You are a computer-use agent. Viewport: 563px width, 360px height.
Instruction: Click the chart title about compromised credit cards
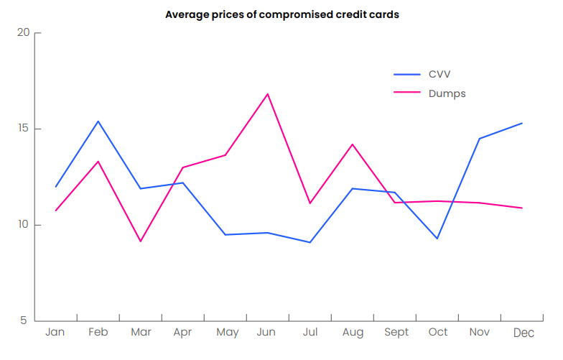point(281,14)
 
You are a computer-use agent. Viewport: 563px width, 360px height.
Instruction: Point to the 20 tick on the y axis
point(24,33)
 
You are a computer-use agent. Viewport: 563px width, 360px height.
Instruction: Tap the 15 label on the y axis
point(24,129)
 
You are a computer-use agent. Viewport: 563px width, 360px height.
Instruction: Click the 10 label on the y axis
point(24,225)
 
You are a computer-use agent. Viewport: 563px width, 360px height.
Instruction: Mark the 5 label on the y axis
point(27,320)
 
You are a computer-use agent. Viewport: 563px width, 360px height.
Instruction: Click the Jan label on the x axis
point(55,332)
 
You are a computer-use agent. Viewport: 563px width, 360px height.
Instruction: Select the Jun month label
point(266,332)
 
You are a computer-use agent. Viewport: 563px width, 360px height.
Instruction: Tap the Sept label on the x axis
point(396,332)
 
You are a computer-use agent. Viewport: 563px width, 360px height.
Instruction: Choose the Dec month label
point(524,333)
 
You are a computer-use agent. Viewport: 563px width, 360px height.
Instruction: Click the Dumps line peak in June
point(268,94)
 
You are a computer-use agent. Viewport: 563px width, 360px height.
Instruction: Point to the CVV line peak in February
point(98,121)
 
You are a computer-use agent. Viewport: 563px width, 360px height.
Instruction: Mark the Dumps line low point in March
point(141,241)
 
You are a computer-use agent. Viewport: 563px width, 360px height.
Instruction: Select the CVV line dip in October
point(437,238)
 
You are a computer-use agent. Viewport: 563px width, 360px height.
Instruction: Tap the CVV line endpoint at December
point(522,123)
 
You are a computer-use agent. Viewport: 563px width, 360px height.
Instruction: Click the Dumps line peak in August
point(353,144)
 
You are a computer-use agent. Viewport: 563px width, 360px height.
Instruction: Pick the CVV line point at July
point(310,242)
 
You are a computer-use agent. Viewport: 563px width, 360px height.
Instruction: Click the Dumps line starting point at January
point(56,211)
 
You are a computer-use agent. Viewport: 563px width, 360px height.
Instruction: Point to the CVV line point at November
point(480,139)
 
